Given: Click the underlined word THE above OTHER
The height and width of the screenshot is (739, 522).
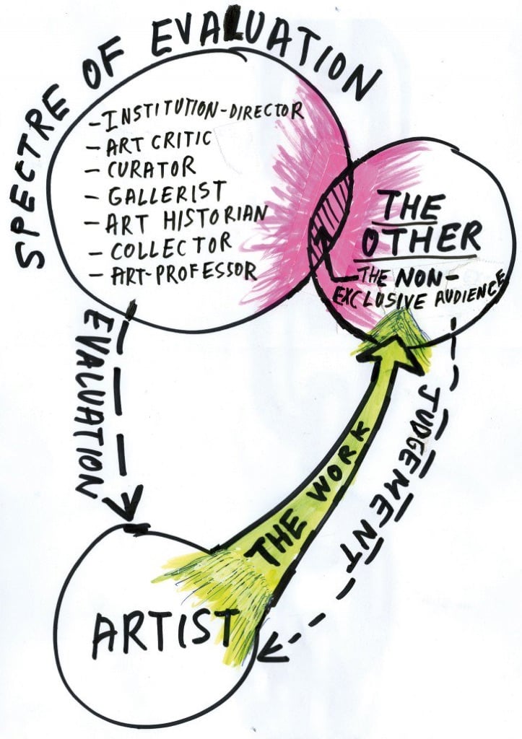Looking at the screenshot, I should [412, 205].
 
